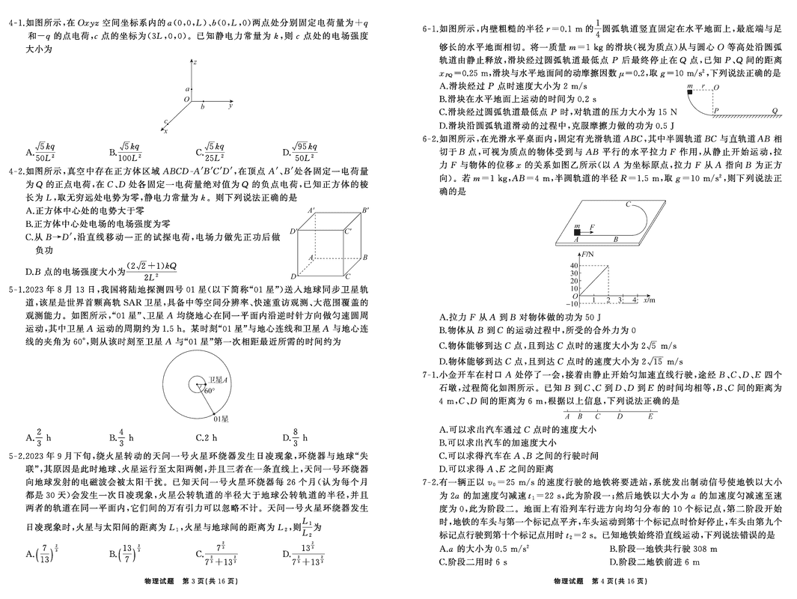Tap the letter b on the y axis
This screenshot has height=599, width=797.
point(202,107)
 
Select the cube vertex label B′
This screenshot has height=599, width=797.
point(365,210)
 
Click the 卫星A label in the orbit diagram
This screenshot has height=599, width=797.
point(218,380)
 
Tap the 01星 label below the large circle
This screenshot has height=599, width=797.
point(221,419)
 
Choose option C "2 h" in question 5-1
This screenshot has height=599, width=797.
point(207,437)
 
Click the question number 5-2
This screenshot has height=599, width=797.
point(16,455)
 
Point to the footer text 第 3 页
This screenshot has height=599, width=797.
point(195,581)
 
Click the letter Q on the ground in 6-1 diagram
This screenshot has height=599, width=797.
point(775,111)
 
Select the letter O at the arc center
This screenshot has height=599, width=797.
point(716,88)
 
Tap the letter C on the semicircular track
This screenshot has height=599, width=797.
point(629,204)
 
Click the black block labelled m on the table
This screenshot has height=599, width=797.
point(577,232)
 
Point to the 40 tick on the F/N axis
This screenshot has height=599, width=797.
point(575,265)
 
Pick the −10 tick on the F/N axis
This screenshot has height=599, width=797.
point(572,303)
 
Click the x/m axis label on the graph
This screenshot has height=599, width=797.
point(649,300)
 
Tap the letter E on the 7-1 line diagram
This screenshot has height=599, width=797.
point(650,416)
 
